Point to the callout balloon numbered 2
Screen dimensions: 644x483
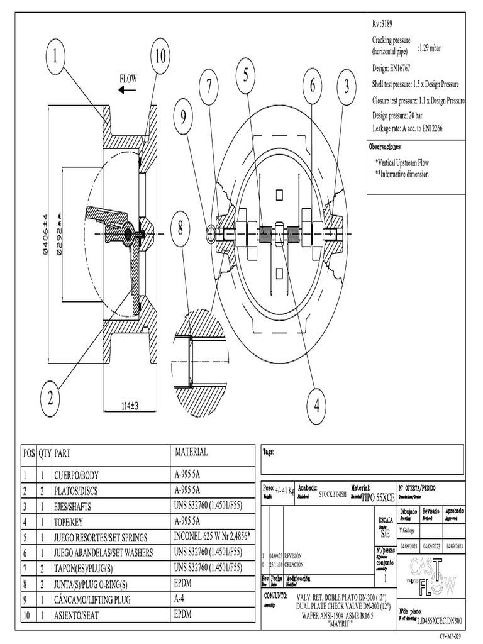(x=50, y=397)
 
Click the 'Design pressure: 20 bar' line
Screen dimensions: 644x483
(x=403, y=116)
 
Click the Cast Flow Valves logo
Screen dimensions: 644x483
(x=432, y=573)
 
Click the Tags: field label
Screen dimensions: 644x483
(x=269, y=451)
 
